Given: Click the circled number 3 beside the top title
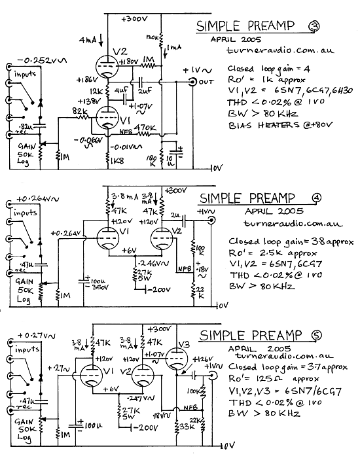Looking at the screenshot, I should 314,26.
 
